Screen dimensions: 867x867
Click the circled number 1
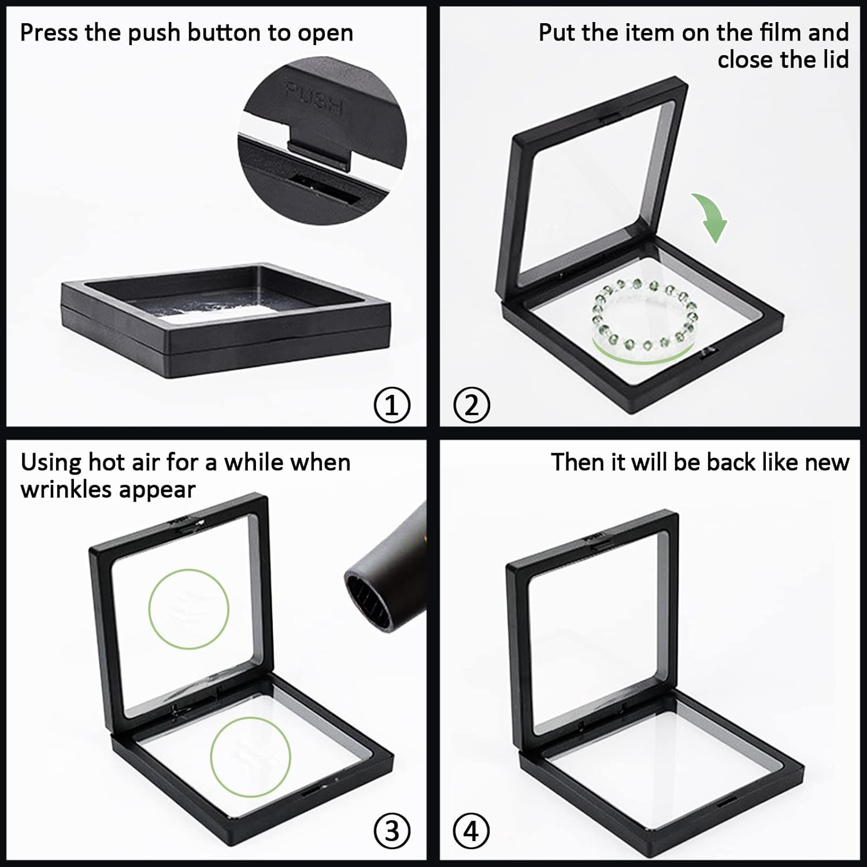tap(392, 405)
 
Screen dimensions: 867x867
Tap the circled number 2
tap(472, 405)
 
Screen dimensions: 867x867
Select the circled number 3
tap(392, 832)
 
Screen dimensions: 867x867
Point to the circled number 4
tap(472, 832)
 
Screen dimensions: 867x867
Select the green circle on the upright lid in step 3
tap(188, 609)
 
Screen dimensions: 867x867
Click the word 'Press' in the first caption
tap(49, 33)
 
